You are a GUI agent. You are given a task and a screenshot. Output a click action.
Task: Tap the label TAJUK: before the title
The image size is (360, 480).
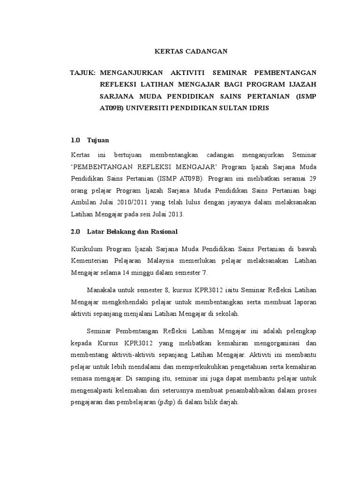83,73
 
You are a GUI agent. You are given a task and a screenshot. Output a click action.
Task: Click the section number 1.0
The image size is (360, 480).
75,140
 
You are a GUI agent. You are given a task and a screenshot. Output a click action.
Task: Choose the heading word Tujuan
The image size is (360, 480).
98,140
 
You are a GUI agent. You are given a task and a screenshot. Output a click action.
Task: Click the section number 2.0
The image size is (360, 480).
75,232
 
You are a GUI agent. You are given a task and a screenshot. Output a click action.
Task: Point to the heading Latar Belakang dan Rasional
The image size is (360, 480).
133,232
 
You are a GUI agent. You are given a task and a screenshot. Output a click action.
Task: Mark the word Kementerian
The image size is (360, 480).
91,261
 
